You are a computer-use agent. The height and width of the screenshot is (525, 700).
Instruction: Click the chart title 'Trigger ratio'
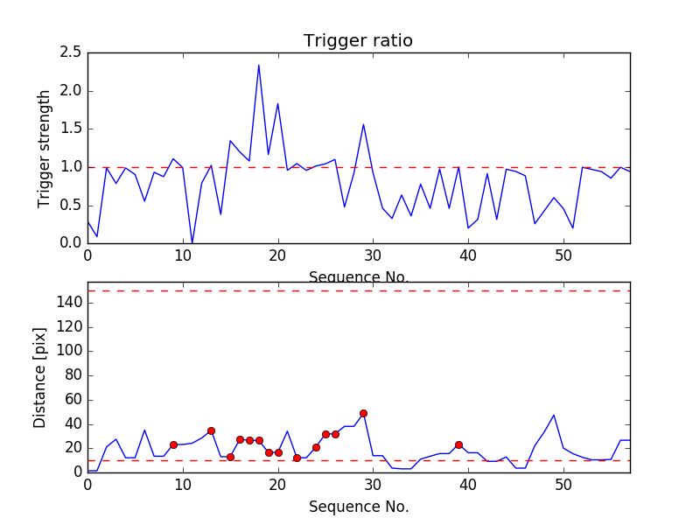pos(358,41)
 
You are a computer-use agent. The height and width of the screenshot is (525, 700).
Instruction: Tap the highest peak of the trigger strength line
pos(259,65)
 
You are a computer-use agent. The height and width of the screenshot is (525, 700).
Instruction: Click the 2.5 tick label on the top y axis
pos(71,52)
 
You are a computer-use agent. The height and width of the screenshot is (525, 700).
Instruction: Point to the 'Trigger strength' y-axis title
pos(45,148)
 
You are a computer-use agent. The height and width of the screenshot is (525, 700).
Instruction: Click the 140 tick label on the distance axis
pos(69,303)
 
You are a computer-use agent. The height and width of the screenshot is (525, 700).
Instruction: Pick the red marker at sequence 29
pos(363,413)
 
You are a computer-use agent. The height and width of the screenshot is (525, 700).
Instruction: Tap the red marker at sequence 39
pos(458,444)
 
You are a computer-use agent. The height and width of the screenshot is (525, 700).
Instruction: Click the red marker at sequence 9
pos(173,444)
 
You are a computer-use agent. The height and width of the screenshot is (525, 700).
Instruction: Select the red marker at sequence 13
pos(211,430)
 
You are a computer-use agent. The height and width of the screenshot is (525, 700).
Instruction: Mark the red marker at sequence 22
pos(297,458)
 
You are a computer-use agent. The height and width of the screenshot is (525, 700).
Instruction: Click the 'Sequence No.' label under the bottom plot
pos(358,507)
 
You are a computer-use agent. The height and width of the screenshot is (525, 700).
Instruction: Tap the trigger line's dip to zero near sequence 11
pos(192,243)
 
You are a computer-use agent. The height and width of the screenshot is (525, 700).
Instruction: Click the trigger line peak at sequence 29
pos(363,124)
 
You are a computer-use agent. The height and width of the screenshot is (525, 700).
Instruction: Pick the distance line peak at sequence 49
pos(554,415)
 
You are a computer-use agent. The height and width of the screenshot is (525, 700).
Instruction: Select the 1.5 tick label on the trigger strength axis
pos(71,129)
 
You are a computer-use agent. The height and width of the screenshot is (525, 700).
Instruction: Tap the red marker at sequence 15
pos(230,457)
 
